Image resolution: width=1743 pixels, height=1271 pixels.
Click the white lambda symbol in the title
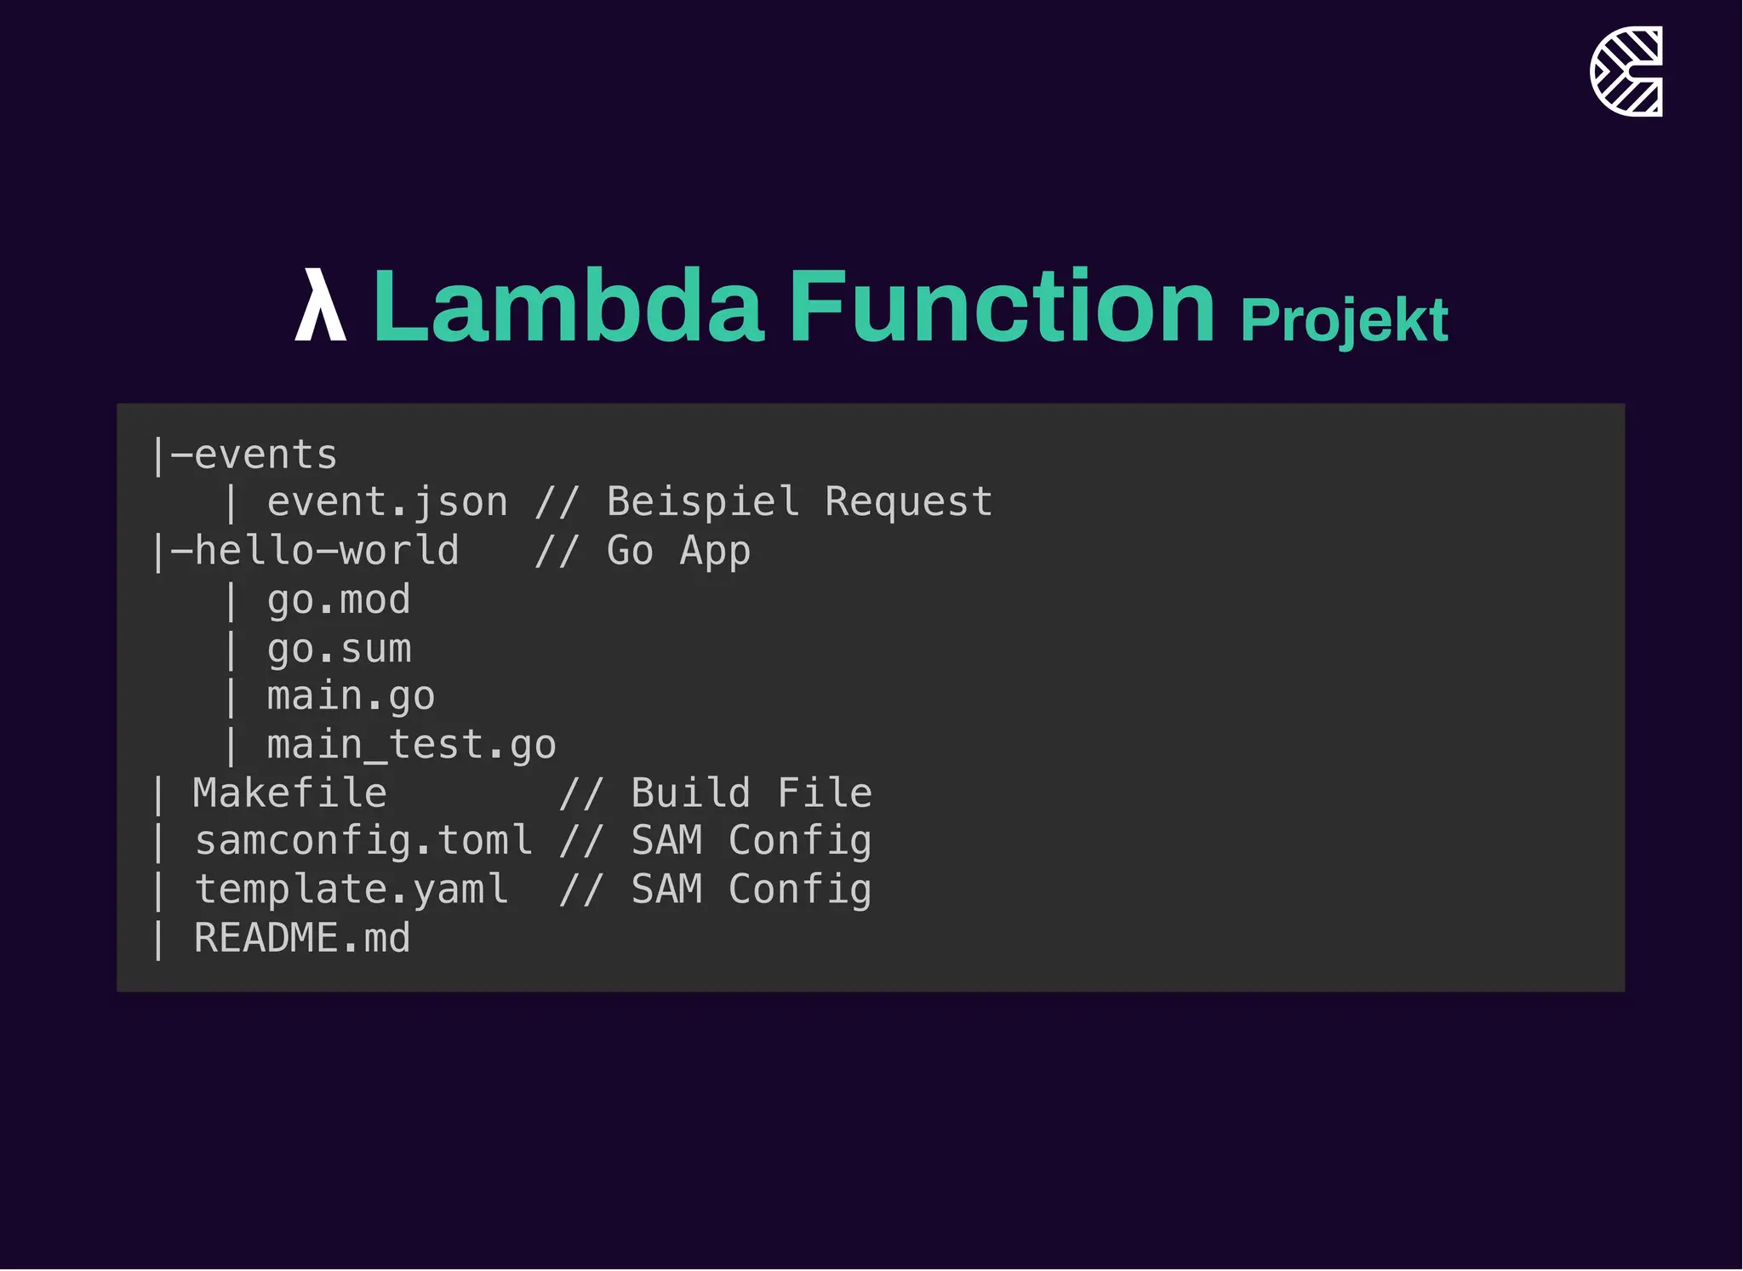point(320,306)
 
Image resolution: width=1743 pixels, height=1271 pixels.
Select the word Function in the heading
point(1002,306)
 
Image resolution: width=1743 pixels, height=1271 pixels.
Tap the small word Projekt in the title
point(1344,321)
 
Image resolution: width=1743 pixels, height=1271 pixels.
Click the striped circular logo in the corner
point(1626,72)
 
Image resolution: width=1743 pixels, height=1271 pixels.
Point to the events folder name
point(266,455)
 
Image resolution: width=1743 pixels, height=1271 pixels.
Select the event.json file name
point(387,502)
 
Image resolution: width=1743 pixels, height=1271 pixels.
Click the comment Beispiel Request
point(799,502)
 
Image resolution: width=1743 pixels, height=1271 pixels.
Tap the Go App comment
point(678,551)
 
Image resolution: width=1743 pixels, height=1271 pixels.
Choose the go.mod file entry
point(339,599)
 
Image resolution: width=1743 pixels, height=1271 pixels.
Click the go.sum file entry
point(339,649)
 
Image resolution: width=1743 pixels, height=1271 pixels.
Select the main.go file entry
point(351,696)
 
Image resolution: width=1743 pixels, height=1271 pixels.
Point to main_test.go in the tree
point(411,746)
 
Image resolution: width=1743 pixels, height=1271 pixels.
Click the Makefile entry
point(290,793)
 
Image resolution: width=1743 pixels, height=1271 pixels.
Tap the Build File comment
point(751,793)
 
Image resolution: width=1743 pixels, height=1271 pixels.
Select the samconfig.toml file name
point(363,841)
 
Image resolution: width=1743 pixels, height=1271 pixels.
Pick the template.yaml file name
point(351,890)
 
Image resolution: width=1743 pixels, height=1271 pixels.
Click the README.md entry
point(302,938)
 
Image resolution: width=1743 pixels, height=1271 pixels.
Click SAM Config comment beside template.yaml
point(751,890)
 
